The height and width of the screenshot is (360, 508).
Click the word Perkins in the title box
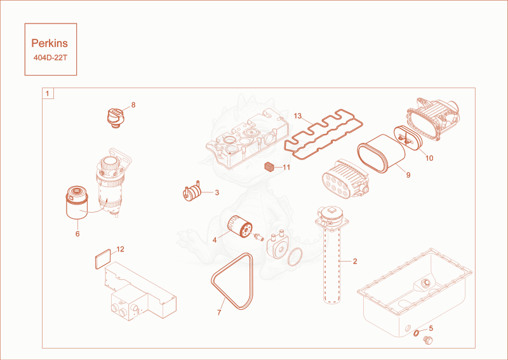pos(50,43)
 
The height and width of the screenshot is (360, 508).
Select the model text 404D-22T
pos(50,58)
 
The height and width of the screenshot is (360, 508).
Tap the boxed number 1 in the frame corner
pos(48,93)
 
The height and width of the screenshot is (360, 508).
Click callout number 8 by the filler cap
pos(133,105)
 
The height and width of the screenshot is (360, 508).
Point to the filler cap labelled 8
pos(116,118)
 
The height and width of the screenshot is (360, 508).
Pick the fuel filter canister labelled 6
pos(77,203)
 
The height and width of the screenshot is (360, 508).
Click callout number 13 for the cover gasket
pos(298,116)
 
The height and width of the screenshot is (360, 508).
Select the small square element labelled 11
pos(269,167)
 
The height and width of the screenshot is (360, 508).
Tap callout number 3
pos(217,192)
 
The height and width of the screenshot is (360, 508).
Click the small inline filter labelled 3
pos(192,192)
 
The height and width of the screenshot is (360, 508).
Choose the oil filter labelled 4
pos(240,227)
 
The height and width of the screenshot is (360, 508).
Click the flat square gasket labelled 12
pos(103,259)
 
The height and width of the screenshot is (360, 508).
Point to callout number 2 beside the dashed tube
pos(355,261)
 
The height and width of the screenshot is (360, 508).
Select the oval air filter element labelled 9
pos(381,154)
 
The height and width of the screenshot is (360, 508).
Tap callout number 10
pos(429,158)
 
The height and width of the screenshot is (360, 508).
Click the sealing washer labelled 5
pos(417,333)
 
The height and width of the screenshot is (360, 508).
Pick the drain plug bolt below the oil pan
pos(427,340)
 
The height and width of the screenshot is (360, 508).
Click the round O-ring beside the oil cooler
pos(295,257)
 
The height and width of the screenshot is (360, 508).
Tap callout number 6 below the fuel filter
pos(77,234)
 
